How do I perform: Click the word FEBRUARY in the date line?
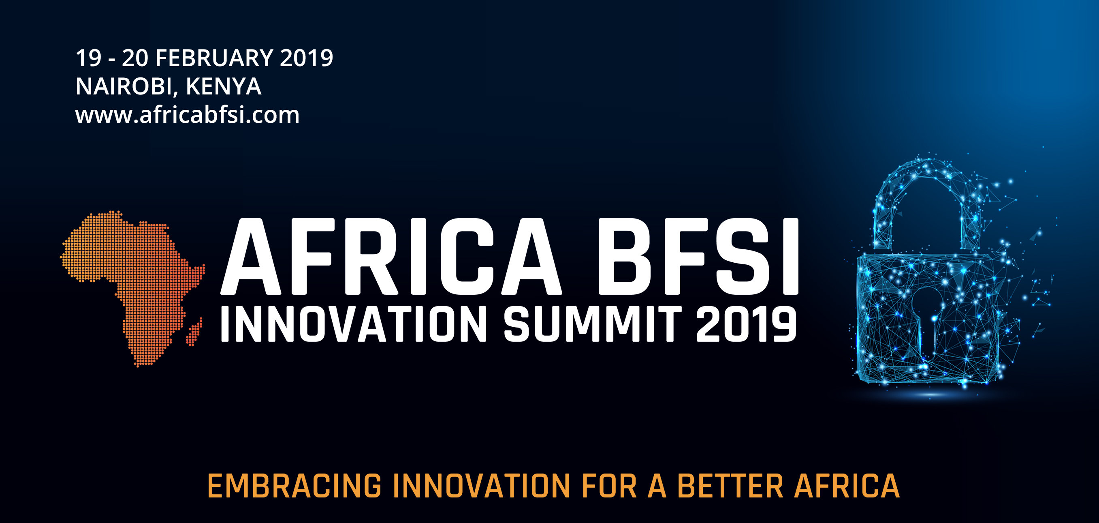214,58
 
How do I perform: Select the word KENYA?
223,86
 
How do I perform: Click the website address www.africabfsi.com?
187,115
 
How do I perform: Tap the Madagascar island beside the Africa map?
194,332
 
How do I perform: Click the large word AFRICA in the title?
391,257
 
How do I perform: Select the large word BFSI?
698,257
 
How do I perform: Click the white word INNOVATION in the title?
354,324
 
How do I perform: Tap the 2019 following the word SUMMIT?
747,324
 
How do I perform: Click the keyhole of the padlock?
927,316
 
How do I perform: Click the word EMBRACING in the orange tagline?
294,486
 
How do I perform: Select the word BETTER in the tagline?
730,486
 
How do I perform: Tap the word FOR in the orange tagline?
609,486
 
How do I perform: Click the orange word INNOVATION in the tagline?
481,486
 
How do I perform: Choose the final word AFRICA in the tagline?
847,486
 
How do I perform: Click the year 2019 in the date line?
306,58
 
